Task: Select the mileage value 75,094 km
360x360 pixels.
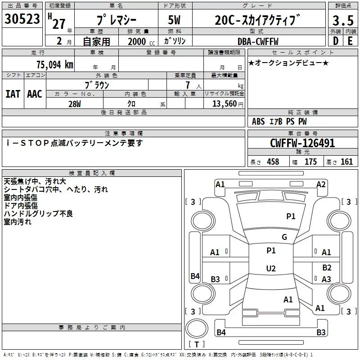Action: click(x=54, y=64)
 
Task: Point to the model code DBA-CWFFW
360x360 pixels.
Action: click(x=258, y=42)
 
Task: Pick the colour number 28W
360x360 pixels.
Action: click(x=74, y=103)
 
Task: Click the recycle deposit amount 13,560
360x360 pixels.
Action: click(x=224, y=103)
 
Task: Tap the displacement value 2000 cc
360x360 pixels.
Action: click(x=139, y=42)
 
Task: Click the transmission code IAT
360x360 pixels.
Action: click(x=13, y=94)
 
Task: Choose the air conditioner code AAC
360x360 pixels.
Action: click(x=35, y=94)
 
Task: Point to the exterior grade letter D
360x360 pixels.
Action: click(x=335, y=41)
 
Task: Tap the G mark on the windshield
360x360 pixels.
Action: click(x=284, y=237)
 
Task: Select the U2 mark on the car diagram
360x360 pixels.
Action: click(x=270, y=269)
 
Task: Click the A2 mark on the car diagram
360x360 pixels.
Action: click(x=321, y=184)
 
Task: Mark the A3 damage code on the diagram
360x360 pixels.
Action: click(x=327, y=279)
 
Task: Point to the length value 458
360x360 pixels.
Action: click(x=273, y=162)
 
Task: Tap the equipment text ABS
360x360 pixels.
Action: click(x=258, y=121)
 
